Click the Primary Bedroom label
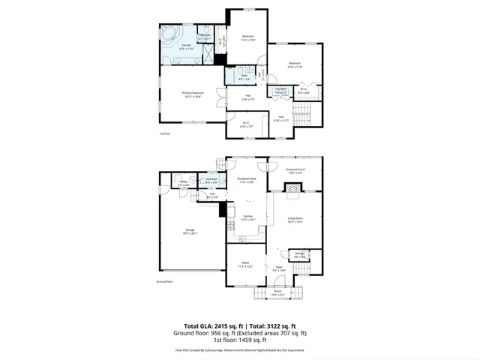click(x=193, y=94)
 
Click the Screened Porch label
click(x=295, y=172)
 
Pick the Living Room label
click(x=295, y=220)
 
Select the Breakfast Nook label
click(x=247, y=180)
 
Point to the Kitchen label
click(x=247, y=218)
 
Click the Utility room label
click(x=183, y=182)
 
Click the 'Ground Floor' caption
click(x=164, y=281)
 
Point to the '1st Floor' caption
click(x=166, y=133)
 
